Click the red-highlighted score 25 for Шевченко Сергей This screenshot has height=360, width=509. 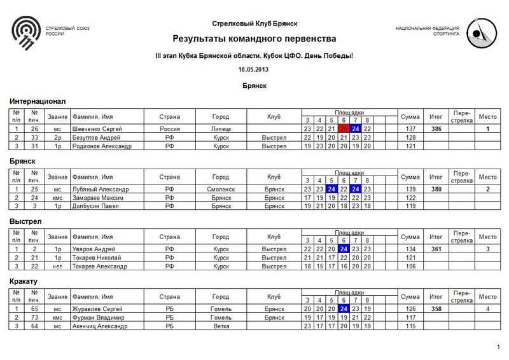pyautogui.click(x=344, y=128)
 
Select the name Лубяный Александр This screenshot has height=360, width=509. pyautogui.click(x=100, y=189)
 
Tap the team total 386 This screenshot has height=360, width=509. pyautogui.click(x=436, y=128)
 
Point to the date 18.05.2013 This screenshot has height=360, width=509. pyautogui.click(x=254, y=68)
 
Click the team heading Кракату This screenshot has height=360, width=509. pyautogui.click(x=25, y=280)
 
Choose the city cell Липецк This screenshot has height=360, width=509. pyautogui.click(x=221, y=128)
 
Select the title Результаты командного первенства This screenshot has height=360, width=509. pyautogui.click(x=254, y=39)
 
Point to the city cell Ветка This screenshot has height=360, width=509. pyautogui.click(x=221, y=327)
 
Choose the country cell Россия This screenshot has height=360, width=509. pyautogui.click(x=170, y=128)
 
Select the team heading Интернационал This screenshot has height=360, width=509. pyautogui.click(x=38, y=100)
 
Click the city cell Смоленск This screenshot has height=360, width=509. pyautogui.click(x=221, y=189)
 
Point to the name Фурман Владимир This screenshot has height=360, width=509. pyautogui.click(x=97, y=318)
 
